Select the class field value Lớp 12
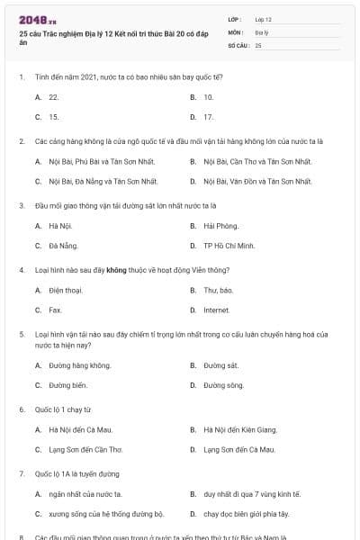pos(263,19)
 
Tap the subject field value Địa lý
pos(262,31)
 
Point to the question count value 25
pos(258,44)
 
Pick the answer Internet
pos(216,310)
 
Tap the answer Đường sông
pos(223,385)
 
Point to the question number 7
pos(21,473)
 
